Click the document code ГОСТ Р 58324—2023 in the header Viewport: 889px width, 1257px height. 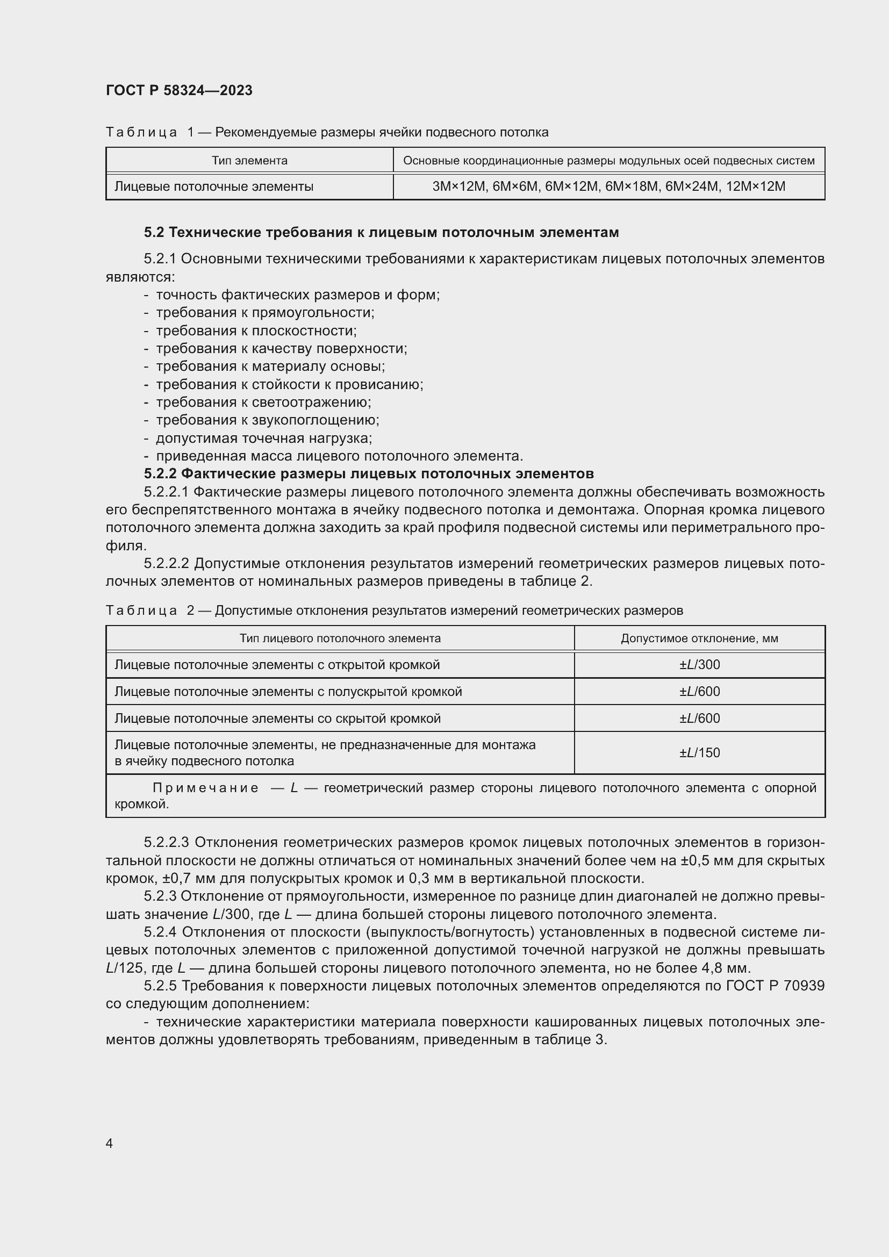point(179,90)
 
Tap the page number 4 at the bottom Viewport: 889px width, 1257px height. point(110,1143)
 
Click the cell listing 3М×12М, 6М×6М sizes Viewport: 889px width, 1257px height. point(609,186)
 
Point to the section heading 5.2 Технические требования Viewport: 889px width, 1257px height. point(381,233)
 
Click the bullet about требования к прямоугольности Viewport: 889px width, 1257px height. point(265,313)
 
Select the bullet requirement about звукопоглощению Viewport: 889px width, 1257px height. point(267,420)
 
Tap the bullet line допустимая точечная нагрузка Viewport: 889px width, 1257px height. point(264,438)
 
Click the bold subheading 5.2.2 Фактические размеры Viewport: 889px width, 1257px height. point(368,473)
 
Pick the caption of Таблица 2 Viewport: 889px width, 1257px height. point(394,610)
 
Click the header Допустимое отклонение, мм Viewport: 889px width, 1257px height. point(699,638)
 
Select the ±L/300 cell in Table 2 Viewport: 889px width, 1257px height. point(700,665)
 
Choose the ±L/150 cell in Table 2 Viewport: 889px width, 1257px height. point(700,753)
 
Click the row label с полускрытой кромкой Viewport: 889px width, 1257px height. point(288,692)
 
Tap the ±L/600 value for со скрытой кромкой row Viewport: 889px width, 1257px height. point(700,719)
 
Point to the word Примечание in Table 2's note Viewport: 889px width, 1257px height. point(205,788)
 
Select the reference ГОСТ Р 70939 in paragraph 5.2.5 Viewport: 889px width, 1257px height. point(775,986)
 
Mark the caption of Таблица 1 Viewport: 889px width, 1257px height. point(327,133)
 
